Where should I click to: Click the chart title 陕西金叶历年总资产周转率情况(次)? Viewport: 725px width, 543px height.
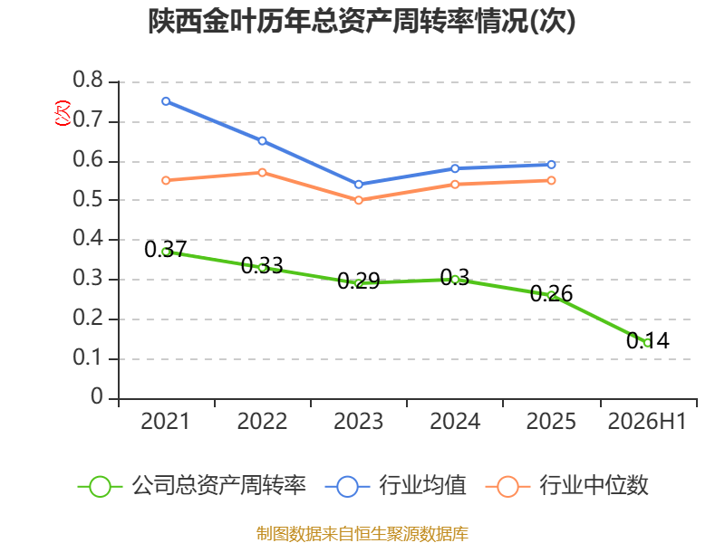[x=362, y=21]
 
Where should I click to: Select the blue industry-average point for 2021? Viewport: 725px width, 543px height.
[x=166, y=101]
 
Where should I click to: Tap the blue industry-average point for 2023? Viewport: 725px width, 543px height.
[x=358, y=185]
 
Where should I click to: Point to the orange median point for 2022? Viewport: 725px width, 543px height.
[x=262, y=172]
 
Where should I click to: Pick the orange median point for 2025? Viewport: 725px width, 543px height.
[x=551, y=180]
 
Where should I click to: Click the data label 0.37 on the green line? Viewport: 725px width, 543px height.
[x=166, y=250]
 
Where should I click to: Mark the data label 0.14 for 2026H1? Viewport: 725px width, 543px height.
[x=648, y=341]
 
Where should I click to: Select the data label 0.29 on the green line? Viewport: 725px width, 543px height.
[x=358, y=281]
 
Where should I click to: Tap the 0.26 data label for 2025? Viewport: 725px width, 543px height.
[x=551, y=293]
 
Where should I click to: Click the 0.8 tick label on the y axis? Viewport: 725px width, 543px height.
[x=88, y=80]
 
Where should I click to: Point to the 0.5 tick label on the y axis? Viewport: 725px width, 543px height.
[x=88, y=199]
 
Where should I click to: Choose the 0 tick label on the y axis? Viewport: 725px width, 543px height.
[x=97, y=396]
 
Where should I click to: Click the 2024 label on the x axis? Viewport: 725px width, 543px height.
[x=455, y=421]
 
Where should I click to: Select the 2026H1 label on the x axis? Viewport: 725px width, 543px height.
[x=647, y=421]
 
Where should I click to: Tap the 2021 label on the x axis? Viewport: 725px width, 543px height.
[x=165, y=421]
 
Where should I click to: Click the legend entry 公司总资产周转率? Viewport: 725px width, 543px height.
[x=191, y=486]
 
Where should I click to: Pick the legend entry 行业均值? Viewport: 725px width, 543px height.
[x=396, y=486]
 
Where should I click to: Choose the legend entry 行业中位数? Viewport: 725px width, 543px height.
[x=567, y=486]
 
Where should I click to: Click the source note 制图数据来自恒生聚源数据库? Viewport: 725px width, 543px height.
[x=362, y=534]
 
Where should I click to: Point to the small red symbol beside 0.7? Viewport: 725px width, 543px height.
[x=63, y=113]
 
